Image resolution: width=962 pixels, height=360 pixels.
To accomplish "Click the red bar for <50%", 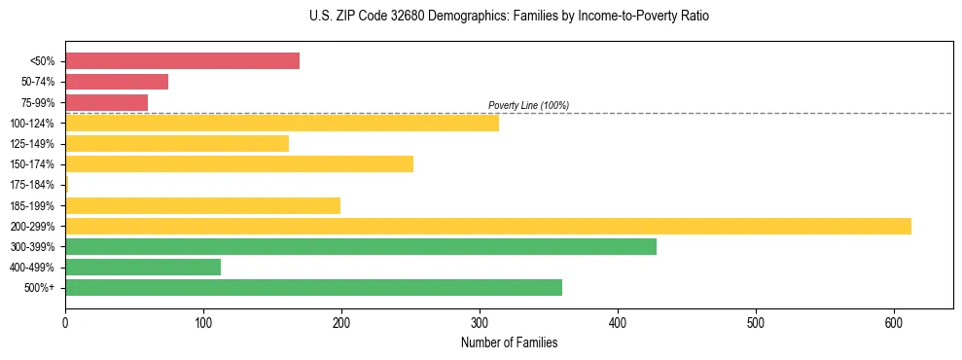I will pos(182,61).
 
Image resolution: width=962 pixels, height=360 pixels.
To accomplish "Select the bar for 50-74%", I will pos(117,82).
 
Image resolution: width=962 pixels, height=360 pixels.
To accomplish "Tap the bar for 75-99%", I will pos(106,102).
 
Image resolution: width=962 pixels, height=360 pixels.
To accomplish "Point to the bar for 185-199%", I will pos(202,205).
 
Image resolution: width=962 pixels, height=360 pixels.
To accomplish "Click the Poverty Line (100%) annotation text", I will pos(528,105).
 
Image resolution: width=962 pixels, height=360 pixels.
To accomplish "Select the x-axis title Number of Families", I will pos(509,342).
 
